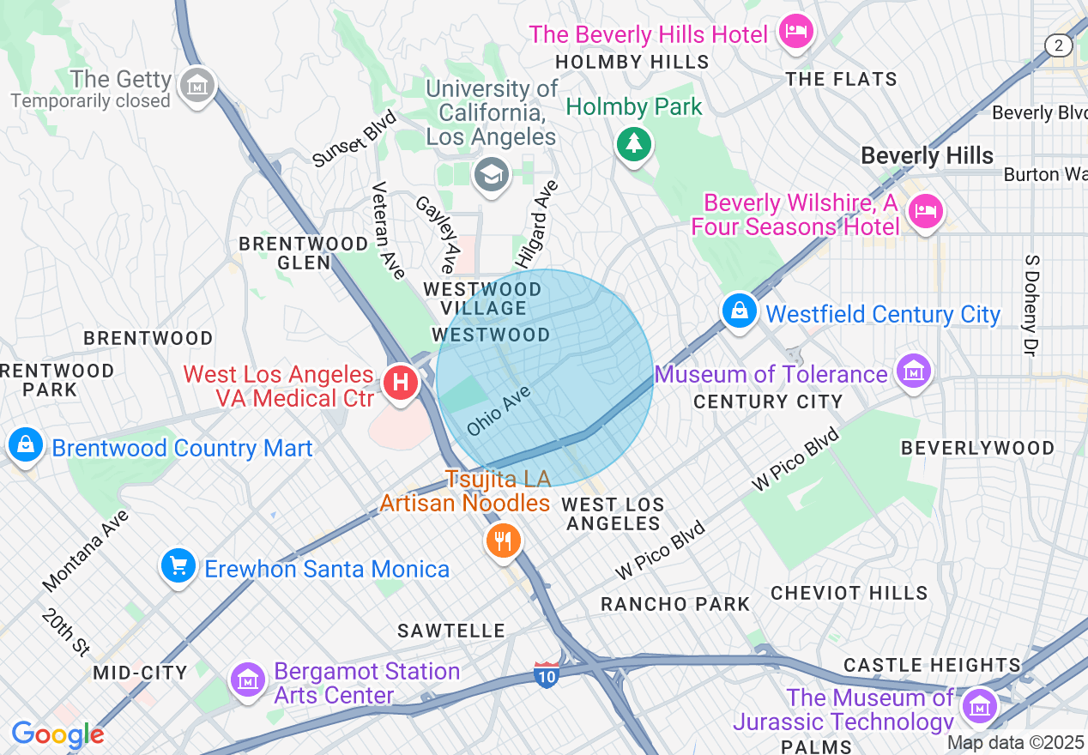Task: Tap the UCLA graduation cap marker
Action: pos(491,175)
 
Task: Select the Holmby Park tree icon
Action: pos(634,142)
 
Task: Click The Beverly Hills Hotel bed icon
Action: pos(795,32)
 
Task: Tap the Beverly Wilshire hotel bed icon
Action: pos(925,209)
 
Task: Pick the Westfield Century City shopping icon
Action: pos(739,311)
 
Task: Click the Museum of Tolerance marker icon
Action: pos(914,371)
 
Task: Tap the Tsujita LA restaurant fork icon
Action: pos(503,541)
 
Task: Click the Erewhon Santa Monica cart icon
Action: pos(178,566)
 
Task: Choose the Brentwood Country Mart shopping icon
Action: pos(27,444)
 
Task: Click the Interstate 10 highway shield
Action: pos(546,674)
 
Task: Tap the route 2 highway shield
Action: pos(1059,45)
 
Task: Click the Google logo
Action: pos(57,735)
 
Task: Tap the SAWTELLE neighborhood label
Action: pos(451,631)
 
